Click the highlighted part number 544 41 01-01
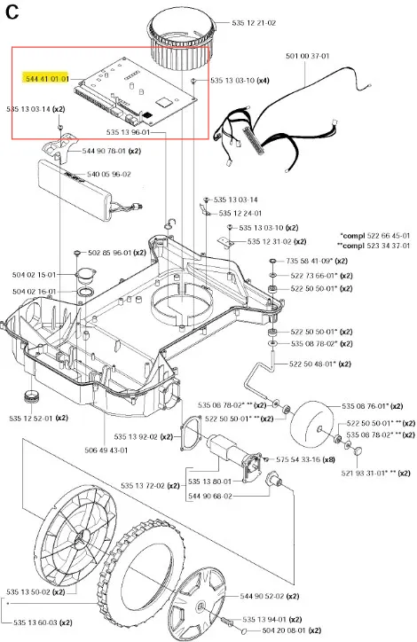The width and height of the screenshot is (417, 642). tap(47, 79)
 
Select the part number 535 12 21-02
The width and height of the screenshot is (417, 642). tap(254, 23)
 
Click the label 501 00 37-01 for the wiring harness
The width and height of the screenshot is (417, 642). tap(308, 56)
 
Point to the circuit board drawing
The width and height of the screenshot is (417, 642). tap(134, 92)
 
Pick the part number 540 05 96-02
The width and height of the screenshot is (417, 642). tap(109, 174)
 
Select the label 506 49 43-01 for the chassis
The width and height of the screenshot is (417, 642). tap(106, 450)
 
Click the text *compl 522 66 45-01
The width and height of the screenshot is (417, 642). tap(374, 235)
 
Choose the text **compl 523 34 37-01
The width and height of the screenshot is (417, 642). tap(374, 246)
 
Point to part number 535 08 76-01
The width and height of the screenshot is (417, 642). tap(364, 406)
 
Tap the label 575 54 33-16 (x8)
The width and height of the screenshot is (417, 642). tap(305, 459)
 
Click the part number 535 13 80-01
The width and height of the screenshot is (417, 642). tap(209, 481)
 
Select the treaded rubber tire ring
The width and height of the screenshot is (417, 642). tap(140, 577)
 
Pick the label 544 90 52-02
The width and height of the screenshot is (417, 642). tap(262, 596)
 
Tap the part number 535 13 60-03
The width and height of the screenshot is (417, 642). tap(35, 622)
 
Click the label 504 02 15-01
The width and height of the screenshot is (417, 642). tap(34, 275)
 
